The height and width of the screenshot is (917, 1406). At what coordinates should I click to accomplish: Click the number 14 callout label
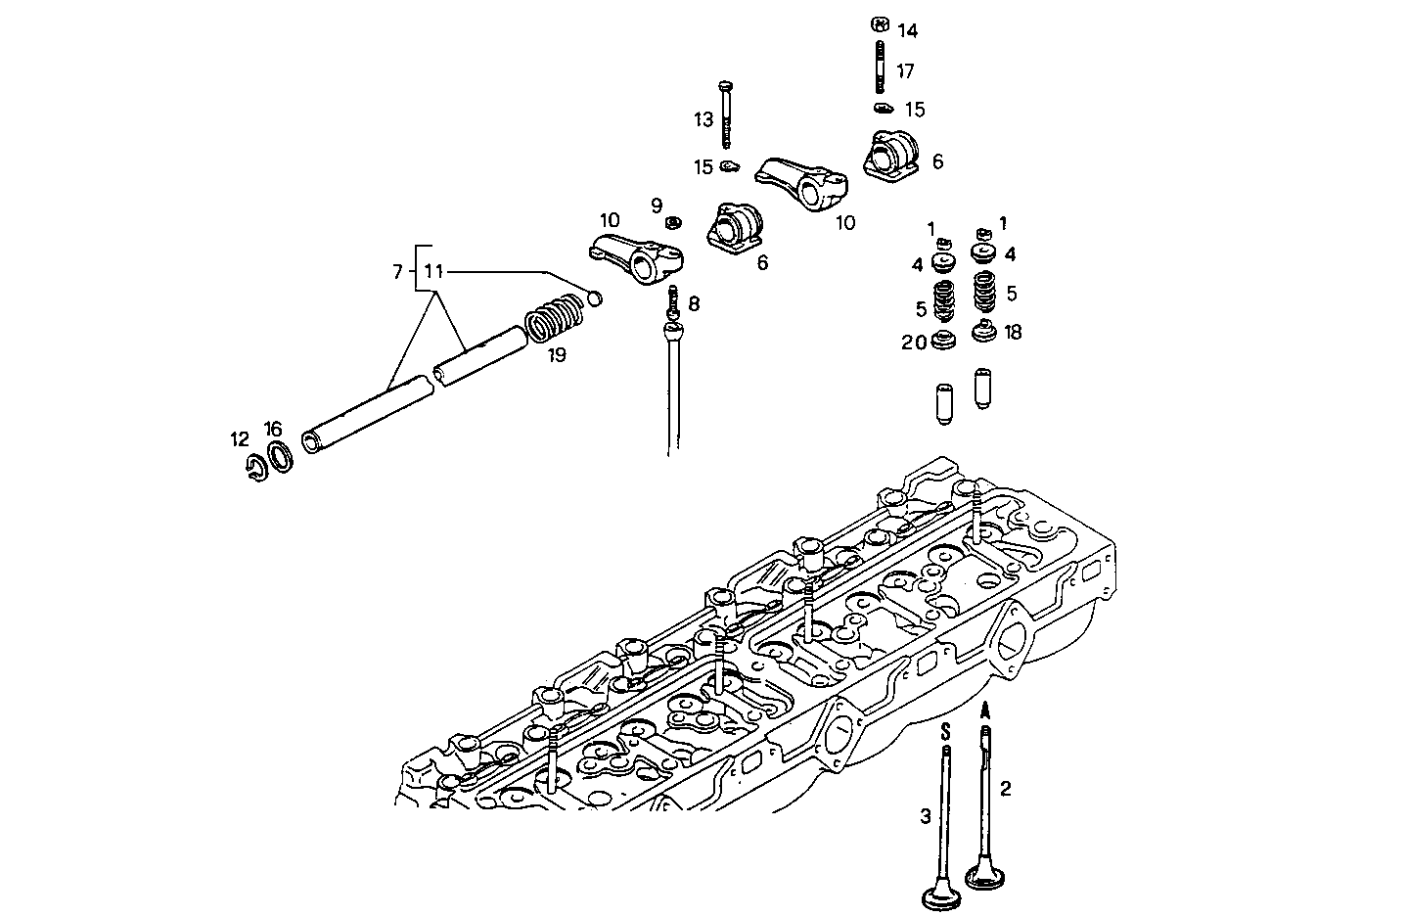(907, 31)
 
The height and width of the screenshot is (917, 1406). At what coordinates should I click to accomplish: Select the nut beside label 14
(878, 23)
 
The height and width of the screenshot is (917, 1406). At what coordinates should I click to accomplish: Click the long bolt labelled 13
(726, 117)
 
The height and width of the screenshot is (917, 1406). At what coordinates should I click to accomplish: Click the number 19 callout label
(557, 355)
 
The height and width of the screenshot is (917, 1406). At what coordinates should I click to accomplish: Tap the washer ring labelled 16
(281, 457)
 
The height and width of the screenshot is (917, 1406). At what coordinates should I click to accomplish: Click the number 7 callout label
(397, 272)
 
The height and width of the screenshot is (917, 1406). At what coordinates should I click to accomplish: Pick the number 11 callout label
(433, 272)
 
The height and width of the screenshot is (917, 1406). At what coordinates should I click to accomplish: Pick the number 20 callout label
(914, 342)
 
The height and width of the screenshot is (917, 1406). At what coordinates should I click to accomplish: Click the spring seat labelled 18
(984, 332)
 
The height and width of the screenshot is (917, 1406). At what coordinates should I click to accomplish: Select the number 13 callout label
(703, 119)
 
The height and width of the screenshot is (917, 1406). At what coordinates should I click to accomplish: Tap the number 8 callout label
(694, 303)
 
